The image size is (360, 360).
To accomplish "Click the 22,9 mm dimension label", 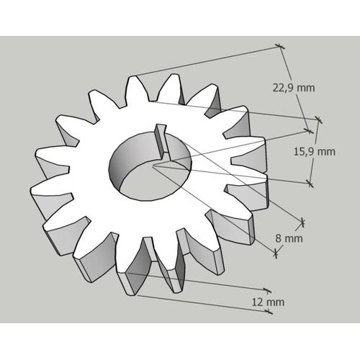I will point(293,88).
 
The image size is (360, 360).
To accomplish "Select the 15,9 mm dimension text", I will point(315,151).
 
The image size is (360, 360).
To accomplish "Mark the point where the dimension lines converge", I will point(153,166).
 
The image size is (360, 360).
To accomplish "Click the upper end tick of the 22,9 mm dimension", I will point(280,48).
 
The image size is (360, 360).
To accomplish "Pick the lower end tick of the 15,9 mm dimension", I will point(310,184).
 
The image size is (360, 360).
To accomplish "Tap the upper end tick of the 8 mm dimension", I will point(302,221).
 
